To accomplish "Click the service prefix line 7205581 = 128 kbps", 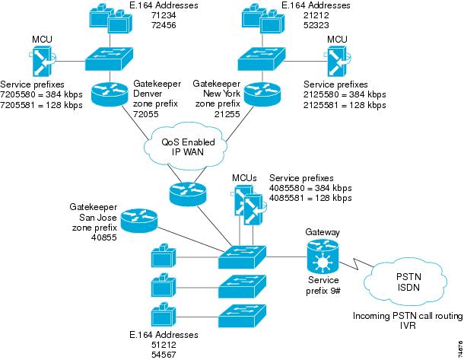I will (x=42, y=104).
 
